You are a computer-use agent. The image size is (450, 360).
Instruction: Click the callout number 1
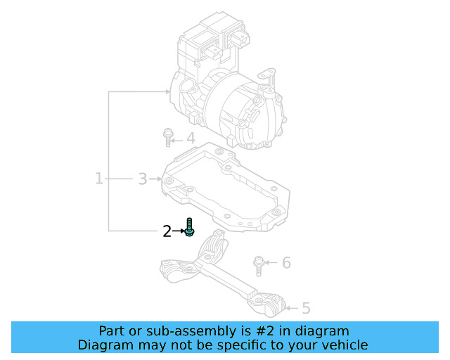(99, 179)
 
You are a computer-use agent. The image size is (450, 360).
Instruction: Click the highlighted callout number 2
(167, 231)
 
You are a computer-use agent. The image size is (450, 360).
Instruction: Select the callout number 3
(142, 179)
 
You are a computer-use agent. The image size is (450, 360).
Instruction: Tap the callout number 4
(190, 139)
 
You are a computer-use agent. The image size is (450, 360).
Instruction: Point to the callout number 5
(305, 307)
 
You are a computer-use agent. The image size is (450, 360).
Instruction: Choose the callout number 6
(285, 263)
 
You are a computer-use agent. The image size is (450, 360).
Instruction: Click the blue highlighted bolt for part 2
(188, 228)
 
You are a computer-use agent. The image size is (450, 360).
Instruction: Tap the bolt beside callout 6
(259, 266)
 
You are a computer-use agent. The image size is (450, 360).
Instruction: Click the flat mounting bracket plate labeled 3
(225, 186)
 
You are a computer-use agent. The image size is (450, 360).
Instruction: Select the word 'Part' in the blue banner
(112, 331)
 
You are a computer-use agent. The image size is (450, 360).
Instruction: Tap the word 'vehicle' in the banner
(345, 345)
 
